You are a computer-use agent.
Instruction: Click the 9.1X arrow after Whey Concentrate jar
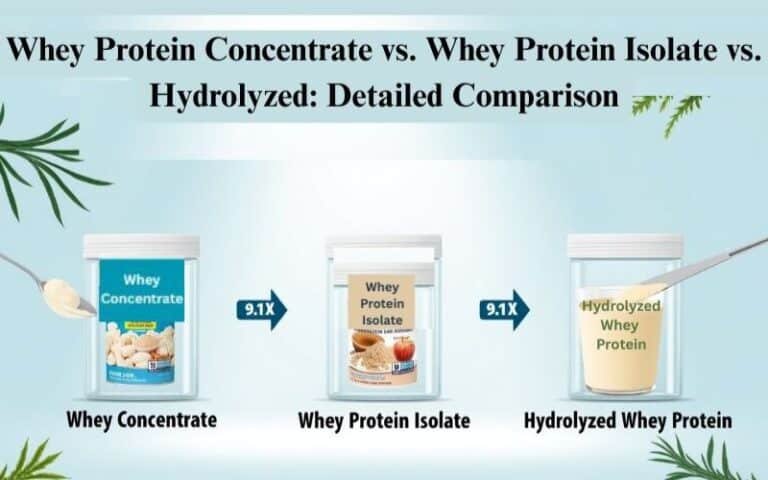tap(261, 310)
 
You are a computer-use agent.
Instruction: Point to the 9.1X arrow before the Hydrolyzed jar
tap(503, 310)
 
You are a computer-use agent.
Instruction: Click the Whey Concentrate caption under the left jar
tap(141, 420)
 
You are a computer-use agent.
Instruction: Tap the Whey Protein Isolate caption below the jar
tap(384, 421)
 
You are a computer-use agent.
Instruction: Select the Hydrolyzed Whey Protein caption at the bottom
tap(627, 421)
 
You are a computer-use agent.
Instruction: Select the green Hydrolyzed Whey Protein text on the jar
tap(621, 325)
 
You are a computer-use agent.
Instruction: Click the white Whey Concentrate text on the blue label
tap(141, 289)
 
